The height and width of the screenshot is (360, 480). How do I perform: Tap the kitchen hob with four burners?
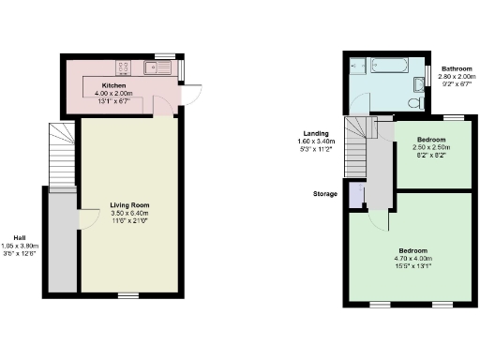tap(124, 67)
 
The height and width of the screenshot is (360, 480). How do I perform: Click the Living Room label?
tap(129, 204)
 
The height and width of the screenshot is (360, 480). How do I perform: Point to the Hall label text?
tap(20, 237)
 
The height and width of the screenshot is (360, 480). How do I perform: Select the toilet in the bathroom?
tap(416, 100)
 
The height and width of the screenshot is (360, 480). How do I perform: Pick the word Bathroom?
tap(457, 68)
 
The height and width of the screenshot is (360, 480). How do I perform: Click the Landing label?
tap(316, 133)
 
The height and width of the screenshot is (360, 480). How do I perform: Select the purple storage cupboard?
tap(355, 194)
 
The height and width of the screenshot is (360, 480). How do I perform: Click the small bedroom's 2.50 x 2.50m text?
tap(433, 147)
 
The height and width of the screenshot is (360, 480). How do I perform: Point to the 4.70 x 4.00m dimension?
tap(412, 258)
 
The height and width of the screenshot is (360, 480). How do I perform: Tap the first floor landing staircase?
tap(355, 144)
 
